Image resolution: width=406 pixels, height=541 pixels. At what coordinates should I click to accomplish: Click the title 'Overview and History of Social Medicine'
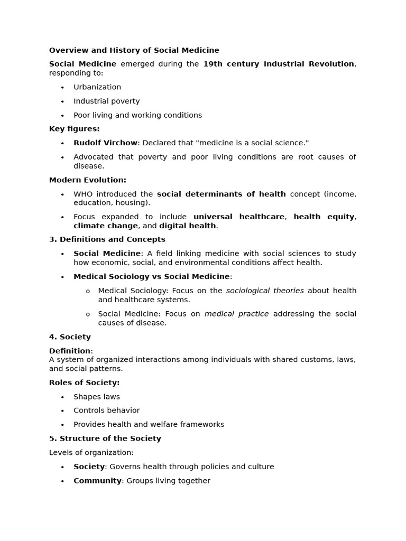[134, 50]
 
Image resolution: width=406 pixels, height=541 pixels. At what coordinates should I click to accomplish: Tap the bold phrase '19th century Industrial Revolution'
[279, 64]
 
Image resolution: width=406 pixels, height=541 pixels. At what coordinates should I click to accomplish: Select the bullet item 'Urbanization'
[97, 87]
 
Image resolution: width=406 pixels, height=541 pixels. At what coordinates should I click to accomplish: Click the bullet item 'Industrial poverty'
[106, 101]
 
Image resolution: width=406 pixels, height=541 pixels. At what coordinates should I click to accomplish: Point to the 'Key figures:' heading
[74, 128]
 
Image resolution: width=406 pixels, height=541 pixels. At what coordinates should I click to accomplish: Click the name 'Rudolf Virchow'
[105, 143]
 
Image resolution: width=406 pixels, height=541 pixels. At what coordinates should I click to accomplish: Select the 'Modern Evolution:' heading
[87, 180]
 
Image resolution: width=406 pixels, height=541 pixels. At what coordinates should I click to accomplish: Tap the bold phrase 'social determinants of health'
[221, 194]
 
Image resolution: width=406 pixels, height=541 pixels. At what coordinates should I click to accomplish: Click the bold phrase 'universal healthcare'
[239, 217]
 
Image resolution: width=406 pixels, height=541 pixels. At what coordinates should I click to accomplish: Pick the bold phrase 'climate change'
[106, 226]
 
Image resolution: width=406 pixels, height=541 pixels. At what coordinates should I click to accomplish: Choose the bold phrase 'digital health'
[187, 226]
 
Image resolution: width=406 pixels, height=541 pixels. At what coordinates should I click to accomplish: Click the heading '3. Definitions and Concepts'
[107, 239]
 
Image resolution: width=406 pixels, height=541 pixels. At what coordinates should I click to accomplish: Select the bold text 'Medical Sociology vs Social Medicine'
[152, 276]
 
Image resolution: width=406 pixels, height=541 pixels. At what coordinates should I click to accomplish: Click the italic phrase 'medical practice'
[236, 314]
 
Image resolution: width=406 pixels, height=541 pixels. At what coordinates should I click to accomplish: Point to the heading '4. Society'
[70, 337]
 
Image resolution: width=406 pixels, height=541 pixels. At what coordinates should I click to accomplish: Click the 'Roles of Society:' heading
[84, 383]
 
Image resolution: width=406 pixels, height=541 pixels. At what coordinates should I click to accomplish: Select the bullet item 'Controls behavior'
[106, 411]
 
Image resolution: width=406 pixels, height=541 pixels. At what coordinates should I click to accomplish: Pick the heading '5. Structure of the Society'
[105, 439]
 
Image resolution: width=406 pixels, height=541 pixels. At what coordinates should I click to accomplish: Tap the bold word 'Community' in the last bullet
[97, 481]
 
